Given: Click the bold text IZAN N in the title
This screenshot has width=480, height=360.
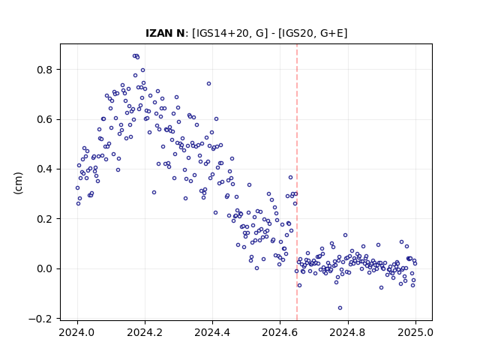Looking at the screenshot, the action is [165, 33].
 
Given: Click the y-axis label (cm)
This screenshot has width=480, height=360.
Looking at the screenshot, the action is [18, 183].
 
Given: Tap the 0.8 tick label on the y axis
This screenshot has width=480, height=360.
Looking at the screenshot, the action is [45, 70].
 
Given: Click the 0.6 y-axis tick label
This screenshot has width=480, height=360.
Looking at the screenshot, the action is [45, 120].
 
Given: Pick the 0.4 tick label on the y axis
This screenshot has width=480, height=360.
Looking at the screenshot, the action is [45, 169].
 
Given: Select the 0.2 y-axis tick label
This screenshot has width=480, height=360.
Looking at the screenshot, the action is [45, 219].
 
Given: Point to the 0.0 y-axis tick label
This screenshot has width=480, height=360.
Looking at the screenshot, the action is [45, 268].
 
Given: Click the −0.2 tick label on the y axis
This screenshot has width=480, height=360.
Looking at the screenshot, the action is [40, 319].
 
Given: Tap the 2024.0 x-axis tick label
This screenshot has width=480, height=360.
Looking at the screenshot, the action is [77, 332].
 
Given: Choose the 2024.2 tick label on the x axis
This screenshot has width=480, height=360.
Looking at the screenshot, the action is [145, 332].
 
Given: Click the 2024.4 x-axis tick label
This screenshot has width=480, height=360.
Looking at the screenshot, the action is [212, 332].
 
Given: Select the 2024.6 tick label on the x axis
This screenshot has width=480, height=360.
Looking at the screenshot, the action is [280, 332].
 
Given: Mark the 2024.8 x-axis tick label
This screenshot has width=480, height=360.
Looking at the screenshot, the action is [348, 332].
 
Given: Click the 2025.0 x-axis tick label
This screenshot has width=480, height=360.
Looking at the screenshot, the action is [415, 332].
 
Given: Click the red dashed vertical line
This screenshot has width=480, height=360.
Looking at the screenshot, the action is [297, 182].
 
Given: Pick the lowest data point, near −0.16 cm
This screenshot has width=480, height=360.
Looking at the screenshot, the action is [340, 308].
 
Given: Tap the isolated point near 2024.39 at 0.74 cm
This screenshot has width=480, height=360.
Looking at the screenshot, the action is [208, 84].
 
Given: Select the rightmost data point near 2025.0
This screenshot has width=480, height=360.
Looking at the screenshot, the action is [415, 263].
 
